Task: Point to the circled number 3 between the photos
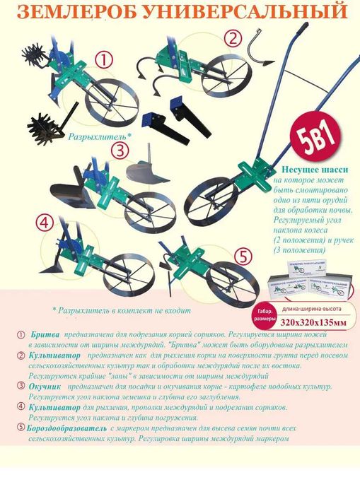point(121,149)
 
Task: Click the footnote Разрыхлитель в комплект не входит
point(121,310)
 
